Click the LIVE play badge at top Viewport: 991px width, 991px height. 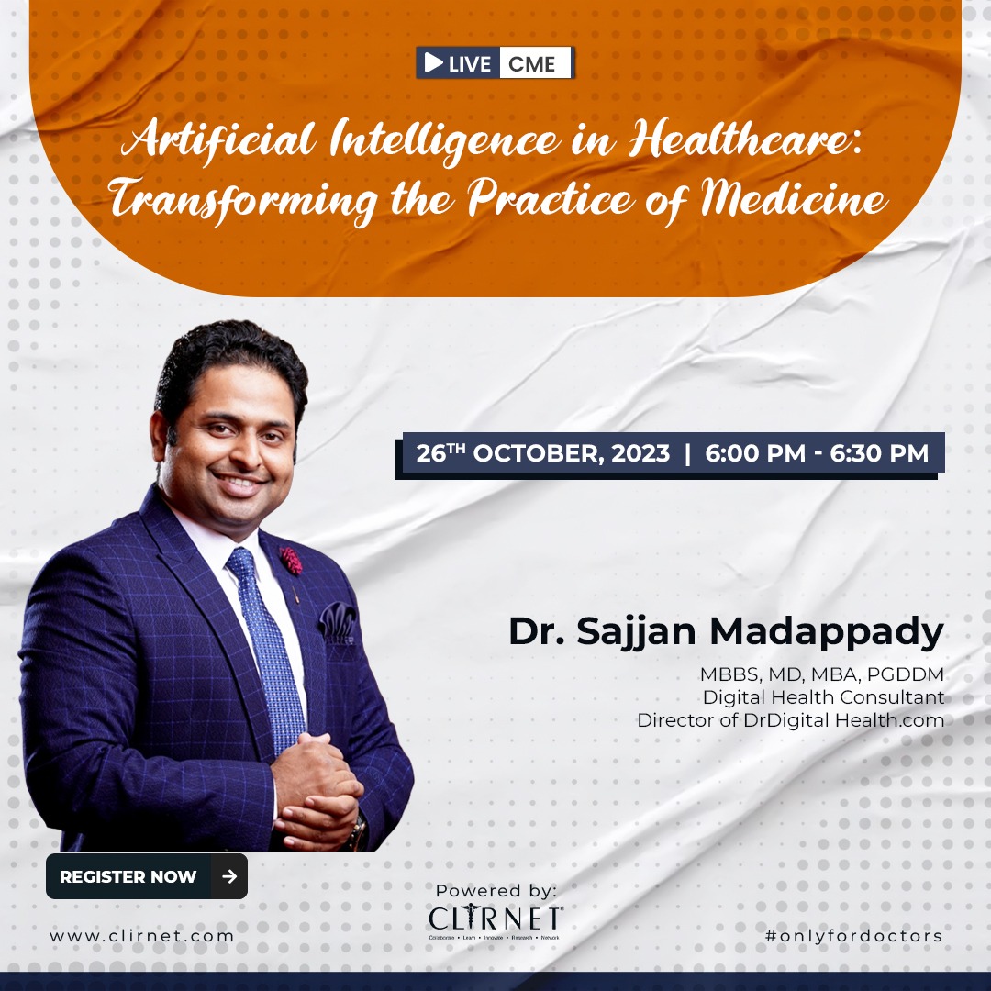(458, 63)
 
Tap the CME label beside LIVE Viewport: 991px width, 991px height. (533, 63)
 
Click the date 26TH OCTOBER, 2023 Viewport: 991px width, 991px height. (543, 453)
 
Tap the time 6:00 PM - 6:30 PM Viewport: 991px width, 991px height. (817, 453)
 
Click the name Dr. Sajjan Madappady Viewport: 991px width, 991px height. (726, 632)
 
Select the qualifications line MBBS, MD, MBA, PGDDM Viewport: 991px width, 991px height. (821, 675)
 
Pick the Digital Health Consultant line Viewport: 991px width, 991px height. (823, 697)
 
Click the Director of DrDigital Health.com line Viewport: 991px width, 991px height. (790, 720)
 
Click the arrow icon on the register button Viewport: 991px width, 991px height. (229, 876)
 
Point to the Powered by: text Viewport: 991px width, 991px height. (495, 890)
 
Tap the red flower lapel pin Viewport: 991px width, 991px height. (291, 560)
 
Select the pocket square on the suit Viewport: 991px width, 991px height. (337, 622)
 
